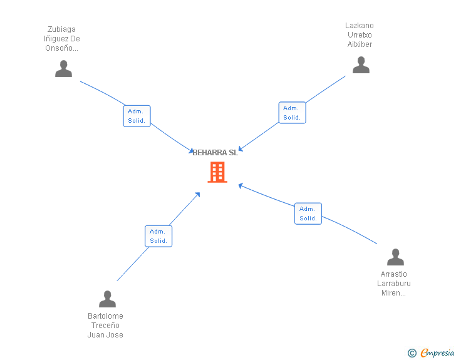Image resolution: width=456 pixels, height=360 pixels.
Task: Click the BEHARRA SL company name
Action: click(215, 153)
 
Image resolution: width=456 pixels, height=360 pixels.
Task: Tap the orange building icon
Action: click(217, 172)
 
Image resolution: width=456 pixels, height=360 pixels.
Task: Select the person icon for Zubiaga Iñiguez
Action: click(63, 69)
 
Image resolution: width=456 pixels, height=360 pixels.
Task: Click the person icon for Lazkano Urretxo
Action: click(361, 65)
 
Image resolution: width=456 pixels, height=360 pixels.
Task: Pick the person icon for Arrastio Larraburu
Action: click(395, 257)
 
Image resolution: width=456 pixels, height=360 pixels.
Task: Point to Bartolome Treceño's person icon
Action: click(107, 299)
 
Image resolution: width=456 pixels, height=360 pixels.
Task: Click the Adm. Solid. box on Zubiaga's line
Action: click(137, 116)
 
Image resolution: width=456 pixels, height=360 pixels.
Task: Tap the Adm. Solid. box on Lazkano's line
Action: click(292, 113)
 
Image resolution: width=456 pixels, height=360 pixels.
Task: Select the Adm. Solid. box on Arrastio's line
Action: click(308, 213)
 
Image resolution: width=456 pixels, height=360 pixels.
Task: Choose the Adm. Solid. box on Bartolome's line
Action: click(158, 236)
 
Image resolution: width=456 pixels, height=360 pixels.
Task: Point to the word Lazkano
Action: click(360, 26)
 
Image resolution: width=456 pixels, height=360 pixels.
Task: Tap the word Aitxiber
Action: click(360, 44)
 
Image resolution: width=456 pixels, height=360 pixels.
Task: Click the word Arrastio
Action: click(393, 274)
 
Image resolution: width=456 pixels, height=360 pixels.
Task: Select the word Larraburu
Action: click(393, 284)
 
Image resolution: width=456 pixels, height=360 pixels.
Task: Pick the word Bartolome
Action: click(105, 316)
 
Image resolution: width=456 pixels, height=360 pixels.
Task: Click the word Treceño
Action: click(105, 326)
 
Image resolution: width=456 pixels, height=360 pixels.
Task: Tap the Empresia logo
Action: click(437, 353)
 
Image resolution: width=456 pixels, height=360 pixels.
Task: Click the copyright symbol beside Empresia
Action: click(412, 353)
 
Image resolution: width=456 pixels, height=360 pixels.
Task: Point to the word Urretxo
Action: click(360, 35)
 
